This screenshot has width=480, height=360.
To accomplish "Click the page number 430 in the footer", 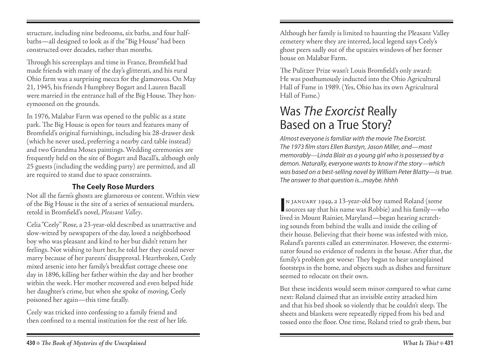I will [30, 343].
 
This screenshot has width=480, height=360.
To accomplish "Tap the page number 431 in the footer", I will [449, 343].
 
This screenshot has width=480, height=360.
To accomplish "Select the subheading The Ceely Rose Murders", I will [113, 187].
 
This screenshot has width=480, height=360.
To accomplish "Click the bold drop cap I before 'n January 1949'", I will [282, 205].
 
